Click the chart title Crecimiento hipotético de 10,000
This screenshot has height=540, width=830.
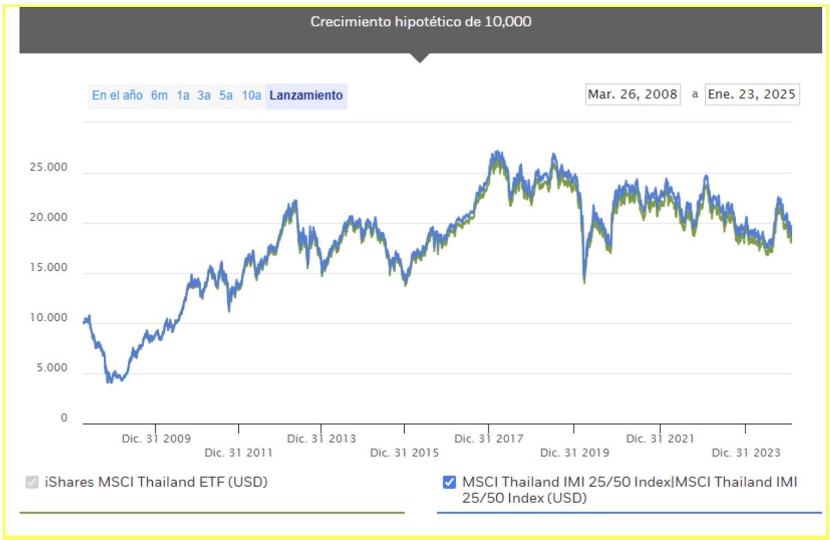click(x=420, y=22)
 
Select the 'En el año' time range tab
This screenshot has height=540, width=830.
click(x=117, y=95)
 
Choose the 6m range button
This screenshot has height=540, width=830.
click(x=159, y=95)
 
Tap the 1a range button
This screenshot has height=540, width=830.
click(x=183, y=95)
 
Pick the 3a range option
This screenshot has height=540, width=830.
click(x=204, y=95)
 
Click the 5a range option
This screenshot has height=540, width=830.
click(x=226, y=95)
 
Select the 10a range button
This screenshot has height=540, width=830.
click(x=251, y=95)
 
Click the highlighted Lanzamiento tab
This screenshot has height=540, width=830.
click(x=306, y=95)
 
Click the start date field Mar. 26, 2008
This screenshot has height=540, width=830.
click(x=633, y=94)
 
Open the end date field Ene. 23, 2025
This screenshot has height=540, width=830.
click(x=751, y=94)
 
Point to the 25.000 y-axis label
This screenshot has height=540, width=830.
click(x=49, y=167)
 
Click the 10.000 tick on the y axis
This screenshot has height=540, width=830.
click(x=49, y=318)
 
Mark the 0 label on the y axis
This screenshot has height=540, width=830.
click(x=64, y=418)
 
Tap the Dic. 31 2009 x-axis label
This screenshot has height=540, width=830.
click(x=156, y=439)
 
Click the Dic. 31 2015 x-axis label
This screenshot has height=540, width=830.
click(x=404, y=453)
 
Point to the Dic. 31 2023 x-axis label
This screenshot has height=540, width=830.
click(x=745, y=453)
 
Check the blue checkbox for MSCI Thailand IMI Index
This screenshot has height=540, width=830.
click(x=449, y=482)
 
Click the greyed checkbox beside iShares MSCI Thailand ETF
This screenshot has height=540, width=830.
click(x=32, y=482)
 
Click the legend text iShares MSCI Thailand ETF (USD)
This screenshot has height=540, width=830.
click(x=156, y=482)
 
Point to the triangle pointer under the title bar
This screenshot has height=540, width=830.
click(x=420, y=58)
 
